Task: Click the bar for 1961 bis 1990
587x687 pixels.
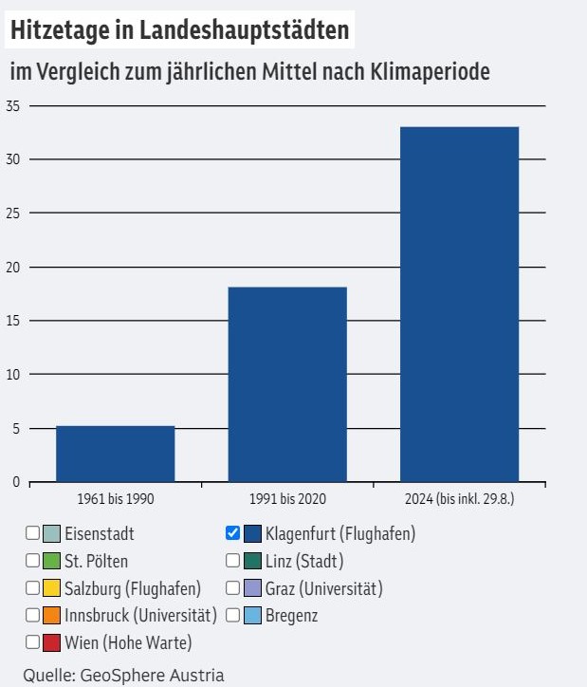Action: (116, 454)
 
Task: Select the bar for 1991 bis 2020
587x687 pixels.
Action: (287, 384)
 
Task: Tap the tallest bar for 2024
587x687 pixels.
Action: (460, 305)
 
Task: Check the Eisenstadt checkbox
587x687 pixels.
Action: (33, 533)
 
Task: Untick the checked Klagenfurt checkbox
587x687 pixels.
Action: (233, 533)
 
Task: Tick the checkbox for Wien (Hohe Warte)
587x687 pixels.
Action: (33, 642)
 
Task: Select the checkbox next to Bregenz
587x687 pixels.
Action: (233, 615)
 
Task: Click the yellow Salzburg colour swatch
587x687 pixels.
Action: (51, 588)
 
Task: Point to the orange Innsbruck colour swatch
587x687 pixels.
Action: (51, 615)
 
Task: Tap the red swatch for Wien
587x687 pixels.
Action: (51, 642)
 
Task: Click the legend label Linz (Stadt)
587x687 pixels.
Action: (304, 561)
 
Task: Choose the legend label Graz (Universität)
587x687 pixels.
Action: (324, 588)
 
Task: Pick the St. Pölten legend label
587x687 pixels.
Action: (97, 561)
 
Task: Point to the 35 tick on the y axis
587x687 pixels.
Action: (13, 106)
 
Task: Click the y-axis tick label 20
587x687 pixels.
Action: (13, 267)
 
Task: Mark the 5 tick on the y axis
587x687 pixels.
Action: (16, 428)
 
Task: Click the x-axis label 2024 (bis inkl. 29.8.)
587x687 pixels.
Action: (460, 498)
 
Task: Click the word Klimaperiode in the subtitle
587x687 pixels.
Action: (430, 71)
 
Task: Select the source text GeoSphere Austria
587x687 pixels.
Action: (152, 676)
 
